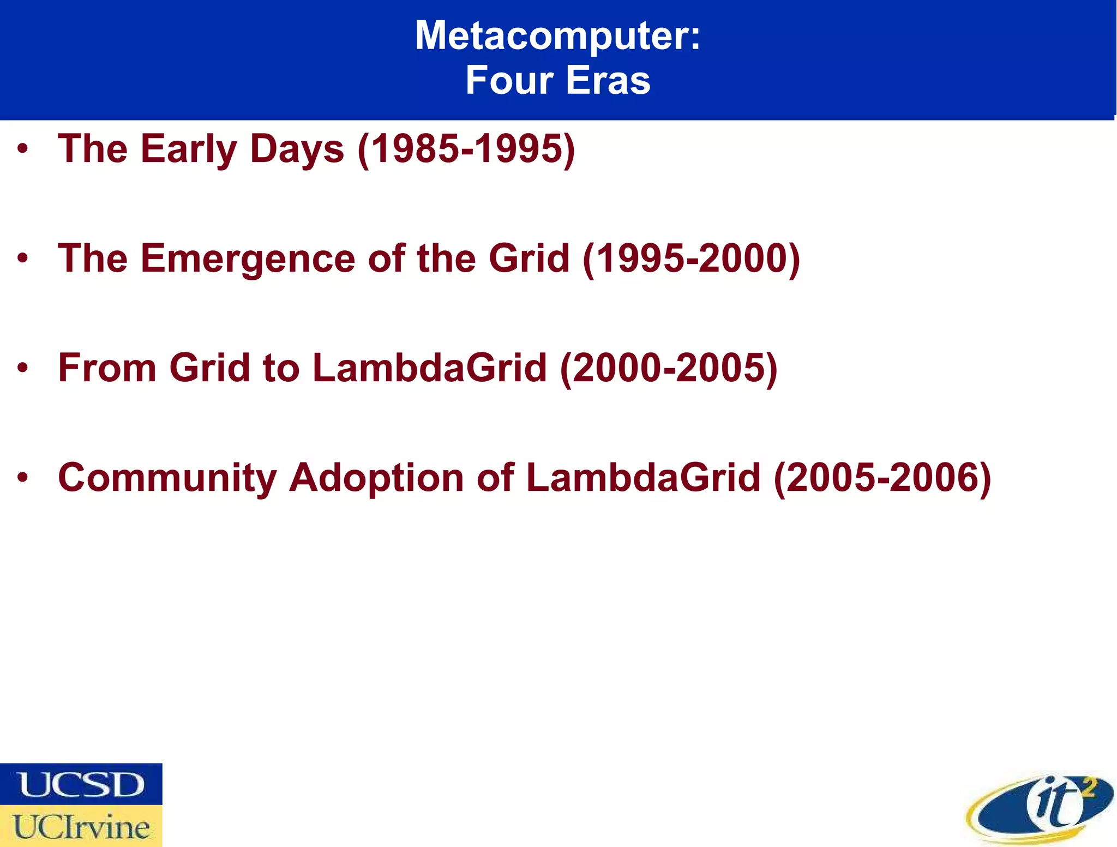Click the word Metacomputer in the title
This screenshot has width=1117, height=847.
[551, 36]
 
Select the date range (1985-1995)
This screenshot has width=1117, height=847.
[466, 149]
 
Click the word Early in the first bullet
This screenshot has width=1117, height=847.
[189, 149]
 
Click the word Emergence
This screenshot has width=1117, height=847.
[248, 259]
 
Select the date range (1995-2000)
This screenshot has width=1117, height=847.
[691, 259]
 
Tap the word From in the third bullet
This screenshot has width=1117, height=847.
[107, 368]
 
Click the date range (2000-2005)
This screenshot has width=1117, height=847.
[669, 368]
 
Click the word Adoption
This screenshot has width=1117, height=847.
[376, 478]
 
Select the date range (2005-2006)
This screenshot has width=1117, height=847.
[882, 478]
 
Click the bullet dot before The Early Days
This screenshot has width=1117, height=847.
[22, 149]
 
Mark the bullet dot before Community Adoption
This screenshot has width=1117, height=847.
[22, 478]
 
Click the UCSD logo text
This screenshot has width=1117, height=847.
[81, 784]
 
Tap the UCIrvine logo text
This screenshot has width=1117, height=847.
[81, 826]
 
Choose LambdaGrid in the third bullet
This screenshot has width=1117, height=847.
[430, 368]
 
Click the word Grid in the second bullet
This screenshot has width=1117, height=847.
[529, 259]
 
